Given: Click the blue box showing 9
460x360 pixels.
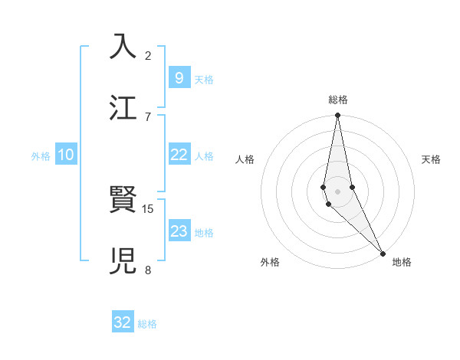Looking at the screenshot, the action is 179,77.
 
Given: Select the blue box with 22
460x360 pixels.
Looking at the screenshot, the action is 179,155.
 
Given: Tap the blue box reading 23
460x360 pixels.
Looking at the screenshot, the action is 179,231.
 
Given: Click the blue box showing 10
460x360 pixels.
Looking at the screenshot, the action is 66,155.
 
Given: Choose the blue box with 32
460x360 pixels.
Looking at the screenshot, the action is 123,322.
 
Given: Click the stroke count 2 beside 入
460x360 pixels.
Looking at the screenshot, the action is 148,55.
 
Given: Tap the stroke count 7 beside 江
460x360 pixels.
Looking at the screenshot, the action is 148,116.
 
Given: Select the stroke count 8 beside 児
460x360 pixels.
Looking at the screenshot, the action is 148,270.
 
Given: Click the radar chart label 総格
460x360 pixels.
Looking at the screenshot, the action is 338,100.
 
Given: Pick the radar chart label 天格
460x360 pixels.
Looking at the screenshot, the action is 431,159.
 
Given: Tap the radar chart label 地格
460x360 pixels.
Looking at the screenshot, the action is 402,262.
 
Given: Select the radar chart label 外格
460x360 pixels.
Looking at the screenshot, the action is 270,262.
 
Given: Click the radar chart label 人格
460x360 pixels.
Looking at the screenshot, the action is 245,159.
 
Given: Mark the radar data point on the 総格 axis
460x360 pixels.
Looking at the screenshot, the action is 337,116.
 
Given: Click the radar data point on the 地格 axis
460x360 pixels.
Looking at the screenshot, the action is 383,253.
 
